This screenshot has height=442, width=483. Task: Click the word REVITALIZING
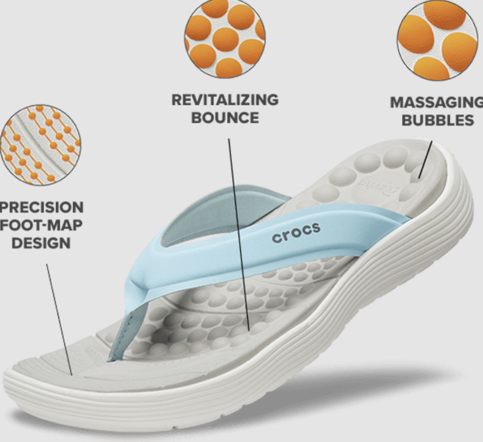click(x=225, y=100)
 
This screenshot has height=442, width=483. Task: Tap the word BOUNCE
click(x=225, y=118)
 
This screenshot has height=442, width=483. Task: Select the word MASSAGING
click(x=436, y=102)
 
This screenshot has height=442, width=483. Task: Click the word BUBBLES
click(x=438, y=120)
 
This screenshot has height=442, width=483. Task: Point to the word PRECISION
click(x=41, y=208)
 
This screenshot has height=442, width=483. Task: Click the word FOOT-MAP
click(x=41, y=225)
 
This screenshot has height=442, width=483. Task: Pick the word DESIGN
click(x=41, y=243)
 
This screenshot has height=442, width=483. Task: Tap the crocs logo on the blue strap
click(x=296, y=233)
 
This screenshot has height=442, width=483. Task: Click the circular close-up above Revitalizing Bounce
click(x=225, y=38)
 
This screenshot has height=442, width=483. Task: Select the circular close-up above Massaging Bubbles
click(x=431, y=40)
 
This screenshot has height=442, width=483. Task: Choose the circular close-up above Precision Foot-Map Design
click(x=40, y=145)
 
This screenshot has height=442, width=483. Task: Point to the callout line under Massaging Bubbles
click(x=425, y=160)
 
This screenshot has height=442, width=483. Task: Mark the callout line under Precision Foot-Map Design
click(x=59, y=320)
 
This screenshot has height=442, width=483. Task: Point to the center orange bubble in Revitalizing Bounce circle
click(x=225, y=39)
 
